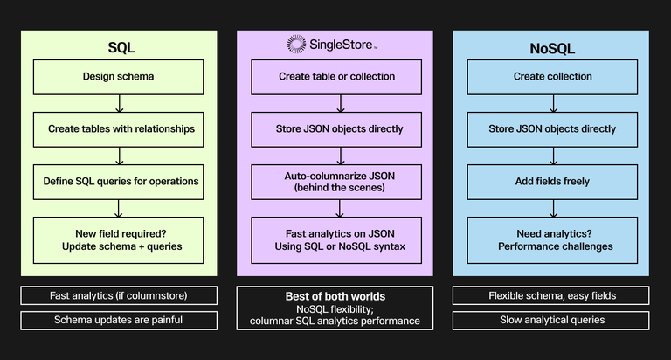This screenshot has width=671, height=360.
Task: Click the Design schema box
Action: [x=118, y=76]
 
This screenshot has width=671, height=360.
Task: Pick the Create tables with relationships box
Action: [x=118, y=128]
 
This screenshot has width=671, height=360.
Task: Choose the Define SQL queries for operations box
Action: [x=118, y=181]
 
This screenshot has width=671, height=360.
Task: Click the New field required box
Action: [x=118, y=239]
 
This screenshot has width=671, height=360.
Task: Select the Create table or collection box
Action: [x=336, y=76]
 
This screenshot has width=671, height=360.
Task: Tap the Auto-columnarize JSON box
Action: [x=336, y=181]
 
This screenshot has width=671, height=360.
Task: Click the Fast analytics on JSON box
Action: [x=336, y=239]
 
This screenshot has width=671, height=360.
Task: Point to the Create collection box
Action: [x=552, y=76]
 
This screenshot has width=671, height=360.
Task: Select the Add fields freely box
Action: [x=552, y=181]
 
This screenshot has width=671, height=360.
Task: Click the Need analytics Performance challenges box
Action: [x=552, y=239]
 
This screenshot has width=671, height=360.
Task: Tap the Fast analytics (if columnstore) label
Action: [x=118, y=295]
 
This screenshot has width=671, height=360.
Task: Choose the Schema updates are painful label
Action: [x=118, y=320]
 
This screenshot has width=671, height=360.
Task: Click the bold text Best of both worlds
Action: [x=336, y=297]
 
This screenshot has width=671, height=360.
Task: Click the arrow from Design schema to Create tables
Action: [x=119, y=102]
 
